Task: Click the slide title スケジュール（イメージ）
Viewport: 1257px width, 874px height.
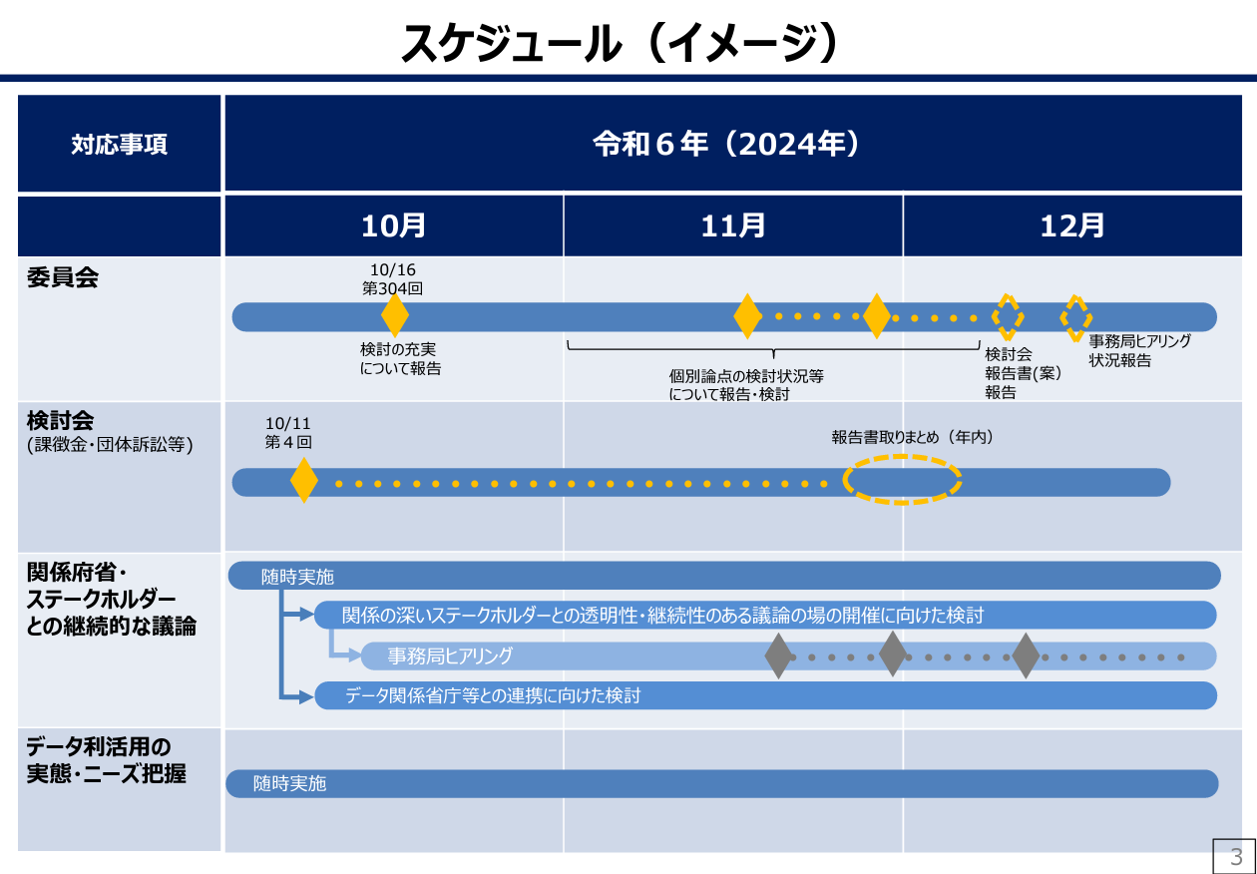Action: [619, 43]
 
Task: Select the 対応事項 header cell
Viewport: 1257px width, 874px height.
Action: [119, 145]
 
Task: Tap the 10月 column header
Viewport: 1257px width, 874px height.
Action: [393, 225]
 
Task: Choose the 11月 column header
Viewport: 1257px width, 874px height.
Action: [733, 225]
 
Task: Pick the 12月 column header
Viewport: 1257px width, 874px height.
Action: [1072, 225]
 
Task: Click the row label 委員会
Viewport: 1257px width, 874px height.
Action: [63, 277]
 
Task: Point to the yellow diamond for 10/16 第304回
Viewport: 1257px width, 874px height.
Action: [395, 315]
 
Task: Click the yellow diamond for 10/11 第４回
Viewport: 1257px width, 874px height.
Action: [304, 481]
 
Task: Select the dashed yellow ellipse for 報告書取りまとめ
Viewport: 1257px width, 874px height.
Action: [902, 479]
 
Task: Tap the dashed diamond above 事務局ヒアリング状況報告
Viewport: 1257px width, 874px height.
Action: [1075, 317]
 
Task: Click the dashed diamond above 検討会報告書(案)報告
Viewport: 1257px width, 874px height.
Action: [1008, 316]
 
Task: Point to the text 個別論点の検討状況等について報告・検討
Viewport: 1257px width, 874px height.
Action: [746, 384]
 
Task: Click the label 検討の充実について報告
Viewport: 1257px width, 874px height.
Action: [400, 359]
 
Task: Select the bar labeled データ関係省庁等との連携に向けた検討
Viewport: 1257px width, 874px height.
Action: [765, 695]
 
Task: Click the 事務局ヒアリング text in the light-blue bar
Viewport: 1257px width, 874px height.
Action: [450, 655]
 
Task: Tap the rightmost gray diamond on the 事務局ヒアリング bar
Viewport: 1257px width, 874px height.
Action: [1026, 655]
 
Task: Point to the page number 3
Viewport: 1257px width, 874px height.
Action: [1235, 856]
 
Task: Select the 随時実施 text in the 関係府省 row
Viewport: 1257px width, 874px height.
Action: [297, 577]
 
